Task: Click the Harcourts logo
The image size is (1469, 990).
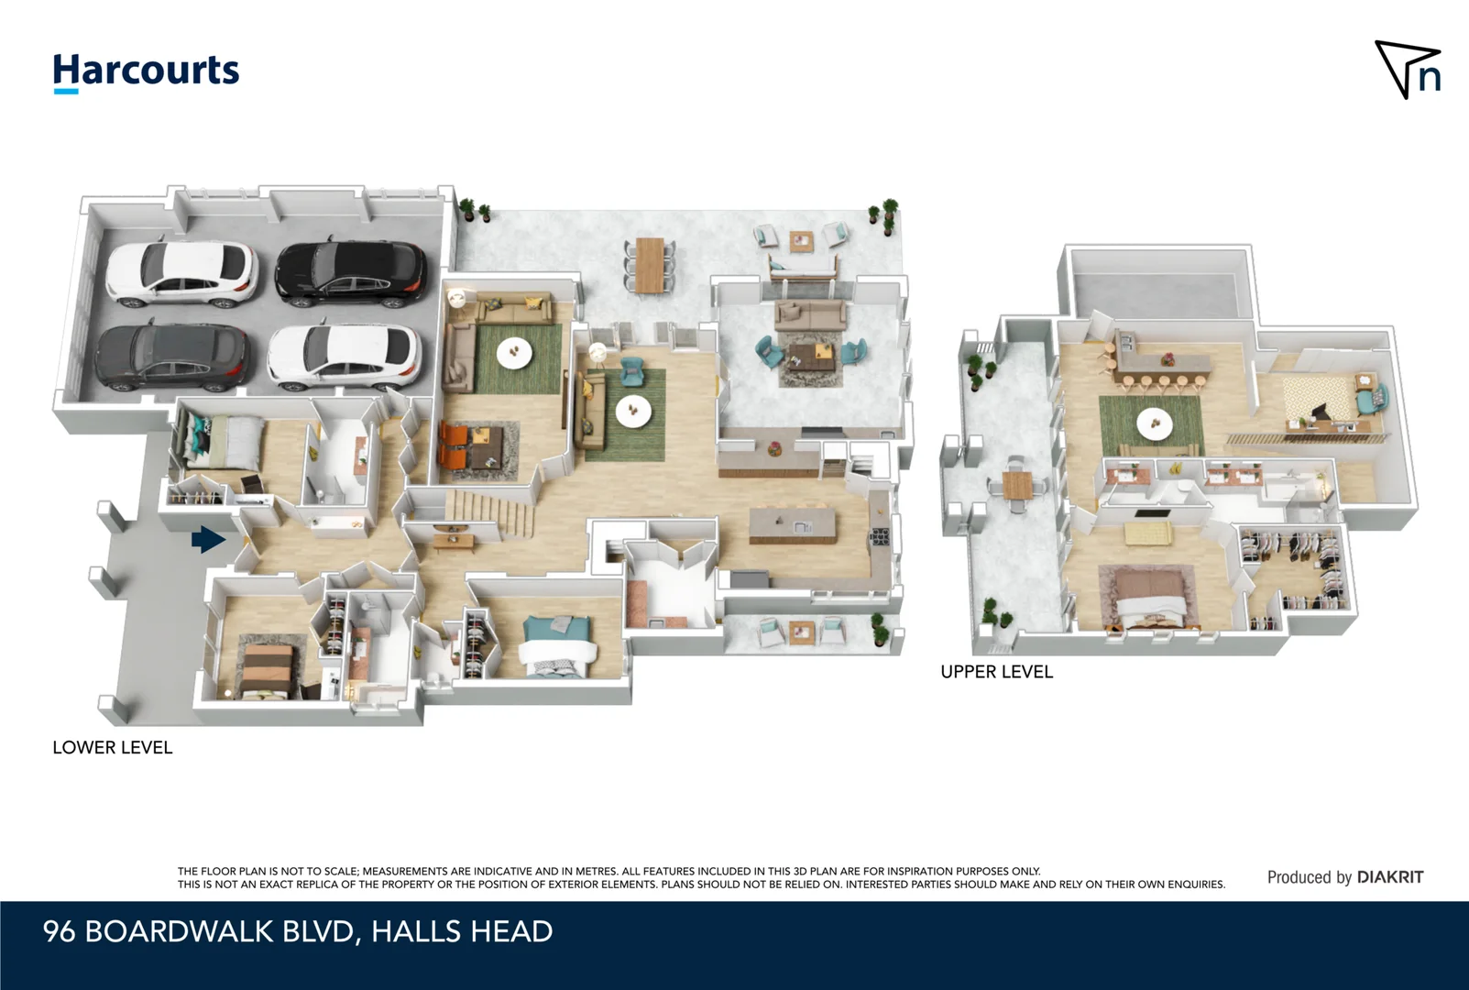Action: point(146,71)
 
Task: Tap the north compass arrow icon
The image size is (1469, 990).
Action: point(1409,69)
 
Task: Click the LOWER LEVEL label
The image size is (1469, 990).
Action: point(112,747)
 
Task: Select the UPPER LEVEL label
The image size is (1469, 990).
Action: point(996,672)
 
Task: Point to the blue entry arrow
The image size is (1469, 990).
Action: point(208,540)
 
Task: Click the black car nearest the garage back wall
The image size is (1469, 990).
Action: point(351,273)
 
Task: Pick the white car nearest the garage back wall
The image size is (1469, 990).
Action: point(181,273)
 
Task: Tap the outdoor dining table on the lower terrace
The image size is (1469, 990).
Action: point(650,264)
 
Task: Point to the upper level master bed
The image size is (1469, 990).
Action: point(1147,597)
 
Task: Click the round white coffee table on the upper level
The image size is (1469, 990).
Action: point(1154,423)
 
